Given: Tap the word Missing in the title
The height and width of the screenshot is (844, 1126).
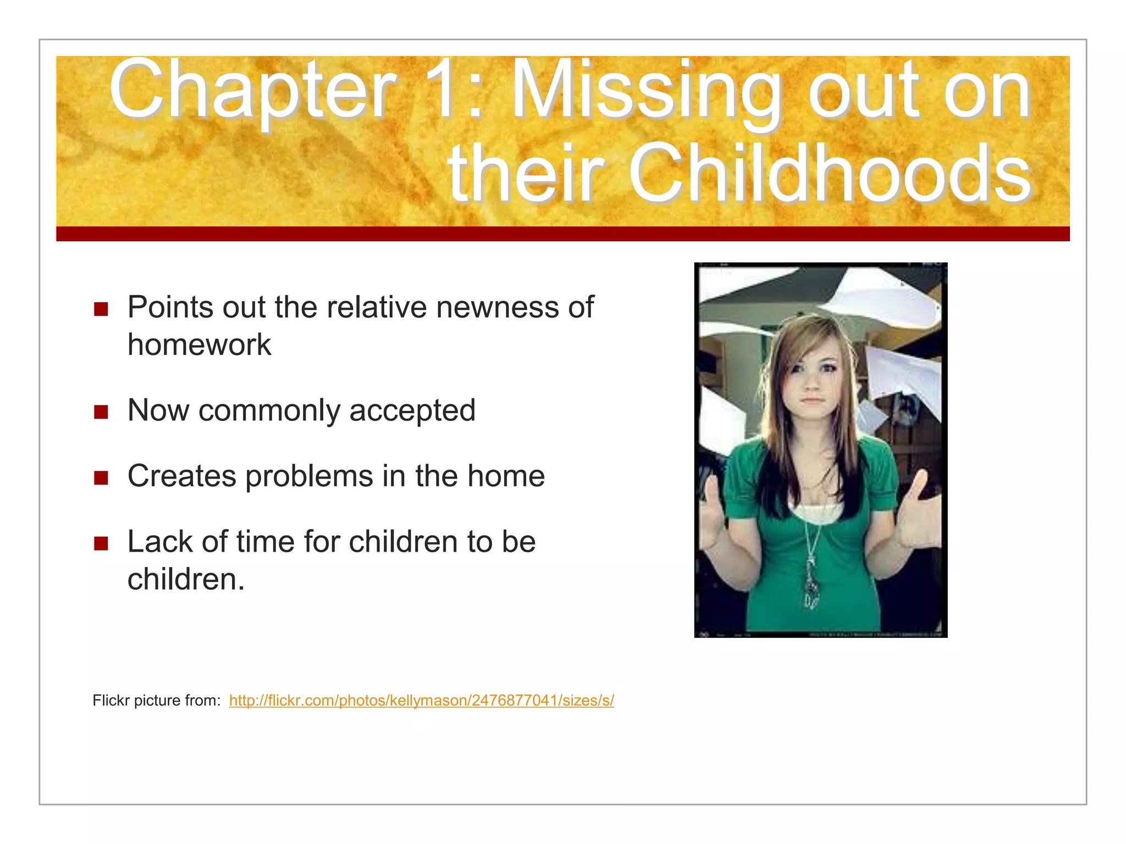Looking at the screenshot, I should [647, 91].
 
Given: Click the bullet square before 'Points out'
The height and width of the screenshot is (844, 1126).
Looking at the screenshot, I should [101, 309].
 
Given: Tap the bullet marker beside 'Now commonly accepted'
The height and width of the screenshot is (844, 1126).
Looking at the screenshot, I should [101, 412].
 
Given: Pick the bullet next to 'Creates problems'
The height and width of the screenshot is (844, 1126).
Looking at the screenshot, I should [101, 477].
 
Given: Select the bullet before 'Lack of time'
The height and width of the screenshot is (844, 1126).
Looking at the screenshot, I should [101, 543].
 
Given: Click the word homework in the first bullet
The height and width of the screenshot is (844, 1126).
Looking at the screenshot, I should [199, 345].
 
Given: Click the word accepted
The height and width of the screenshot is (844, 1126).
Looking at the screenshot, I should [412, 410].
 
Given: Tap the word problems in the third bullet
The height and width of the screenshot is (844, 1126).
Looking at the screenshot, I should [308, 476].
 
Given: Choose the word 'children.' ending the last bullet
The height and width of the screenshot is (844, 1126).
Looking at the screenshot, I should [186, 579].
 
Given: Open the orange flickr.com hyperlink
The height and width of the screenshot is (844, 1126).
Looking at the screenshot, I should [421, 701].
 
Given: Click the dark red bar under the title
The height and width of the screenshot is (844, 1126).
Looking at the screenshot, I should [562, 234].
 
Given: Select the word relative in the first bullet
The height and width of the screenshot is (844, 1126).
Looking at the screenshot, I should [376, 307].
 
